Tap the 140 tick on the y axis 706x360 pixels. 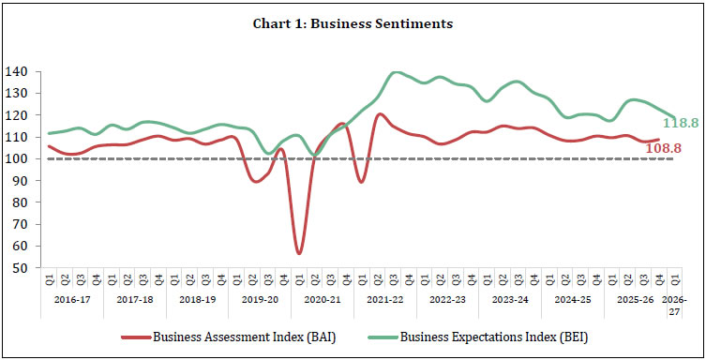20,72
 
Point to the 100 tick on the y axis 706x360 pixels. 20,158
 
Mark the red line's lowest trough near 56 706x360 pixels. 299,253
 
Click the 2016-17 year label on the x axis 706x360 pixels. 71,300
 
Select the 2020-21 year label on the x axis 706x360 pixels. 322,300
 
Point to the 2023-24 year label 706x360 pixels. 509,300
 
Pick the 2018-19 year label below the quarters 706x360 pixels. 196,300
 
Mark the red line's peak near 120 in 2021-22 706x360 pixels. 380,114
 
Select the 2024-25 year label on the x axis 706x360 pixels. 572,300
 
